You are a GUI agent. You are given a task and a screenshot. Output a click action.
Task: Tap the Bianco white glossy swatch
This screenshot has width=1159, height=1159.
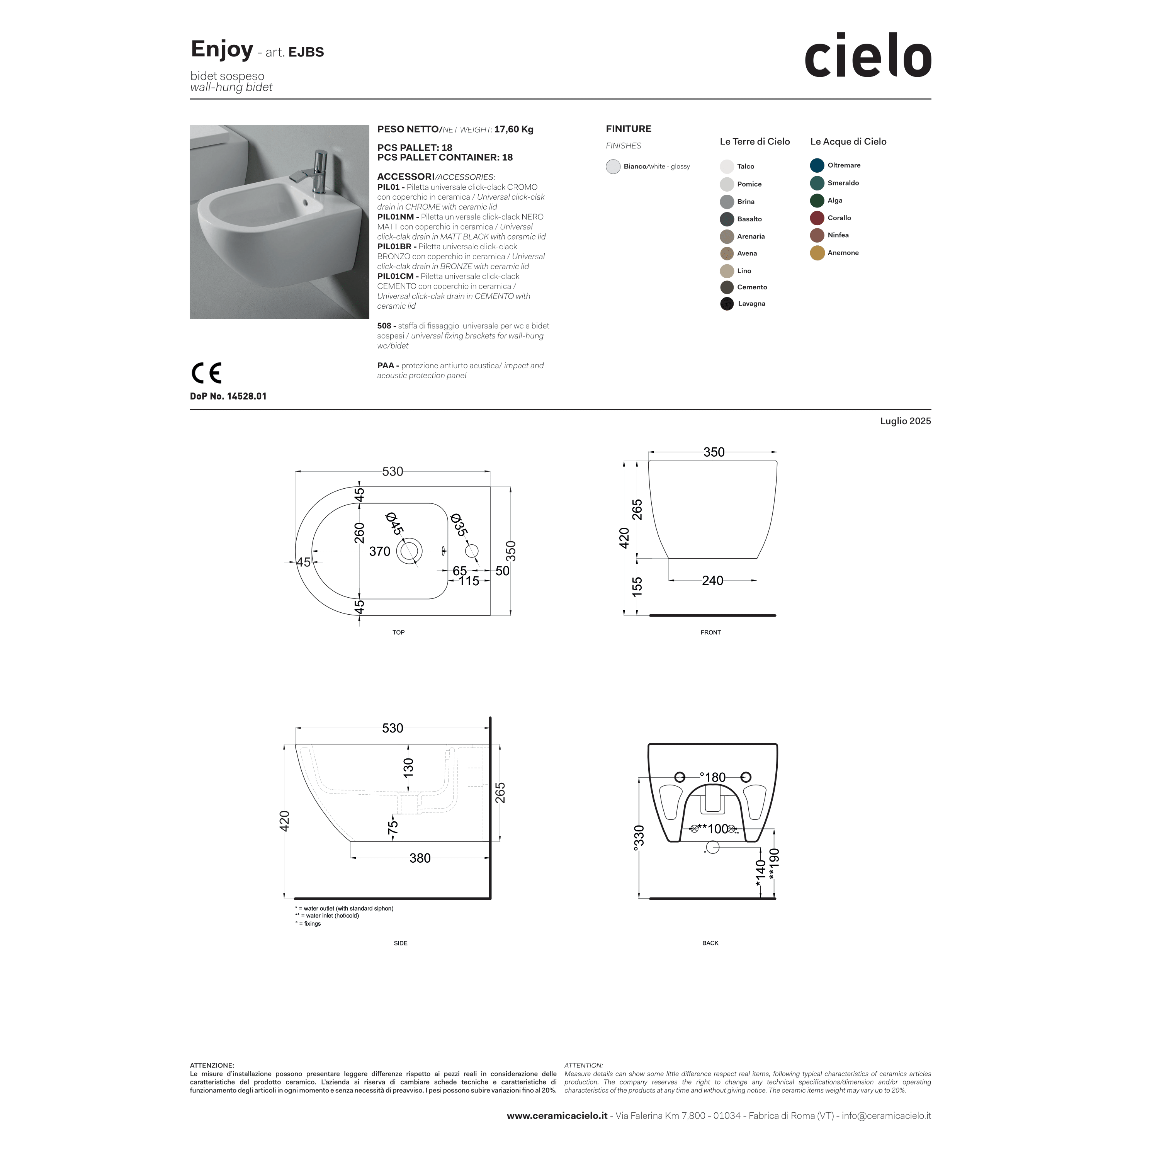612,167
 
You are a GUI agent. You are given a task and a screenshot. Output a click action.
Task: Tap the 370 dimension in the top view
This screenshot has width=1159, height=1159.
379,551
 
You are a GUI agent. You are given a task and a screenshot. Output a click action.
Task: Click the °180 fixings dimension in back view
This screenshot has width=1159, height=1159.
713,777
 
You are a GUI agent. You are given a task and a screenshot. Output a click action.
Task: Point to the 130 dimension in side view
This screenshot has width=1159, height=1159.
408,768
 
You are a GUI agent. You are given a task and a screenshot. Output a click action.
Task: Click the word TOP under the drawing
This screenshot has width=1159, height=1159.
398,632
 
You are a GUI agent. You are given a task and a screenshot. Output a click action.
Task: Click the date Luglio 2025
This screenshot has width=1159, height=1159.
905,421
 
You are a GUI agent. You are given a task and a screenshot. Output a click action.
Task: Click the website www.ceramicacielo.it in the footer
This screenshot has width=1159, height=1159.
557,1116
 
